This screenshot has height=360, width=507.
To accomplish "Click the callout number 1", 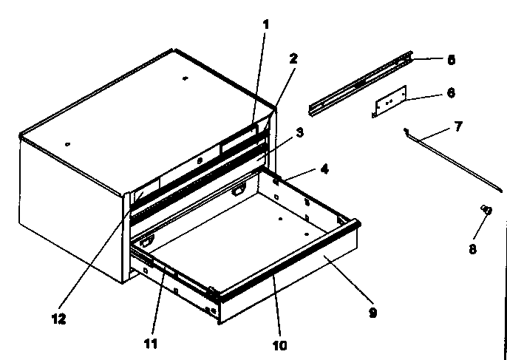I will tap(266, 24).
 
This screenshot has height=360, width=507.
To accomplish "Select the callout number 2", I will tap(293, 58).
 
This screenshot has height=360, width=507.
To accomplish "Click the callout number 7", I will tap(457, 126).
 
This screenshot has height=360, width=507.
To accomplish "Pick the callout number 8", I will tap(473, 250).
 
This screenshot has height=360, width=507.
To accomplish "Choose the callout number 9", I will tap(373, 313).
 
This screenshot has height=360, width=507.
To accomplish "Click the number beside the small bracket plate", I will tap(451, 92).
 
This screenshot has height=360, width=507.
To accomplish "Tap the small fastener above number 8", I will tap(486, 211).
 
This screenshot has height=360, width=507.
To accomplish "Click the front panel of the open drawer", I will tap(296, 281).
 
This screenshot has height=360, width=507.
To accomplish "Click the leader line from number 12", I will tap(96, 259).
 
